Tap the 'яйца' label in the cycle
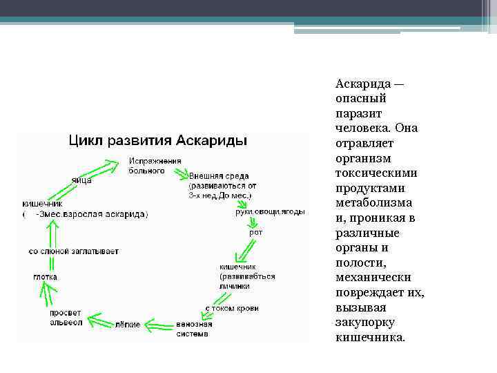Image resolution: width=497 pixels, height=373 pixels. (x=81, y=180)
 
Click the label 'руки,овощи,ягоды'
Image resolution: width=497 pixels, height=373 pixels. (x=269, y=212)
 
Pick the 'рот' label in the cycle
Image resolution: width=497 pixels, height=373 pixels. (x=255, y=233)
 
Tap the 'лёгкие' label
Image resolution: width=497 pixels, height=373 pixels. (x=128, y=324)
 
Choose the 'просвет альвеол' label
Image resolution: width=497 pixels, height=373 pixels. (x=66, y=318)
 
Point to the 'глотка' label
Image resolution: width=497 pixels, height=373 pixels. (x=46, y=276)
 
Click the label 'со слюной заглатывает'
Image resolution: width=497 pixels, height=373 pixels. (x=74, y=251)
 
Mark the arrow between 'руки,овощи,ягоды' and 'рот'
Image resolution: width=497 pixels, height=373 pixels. (x=253, y=222)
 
